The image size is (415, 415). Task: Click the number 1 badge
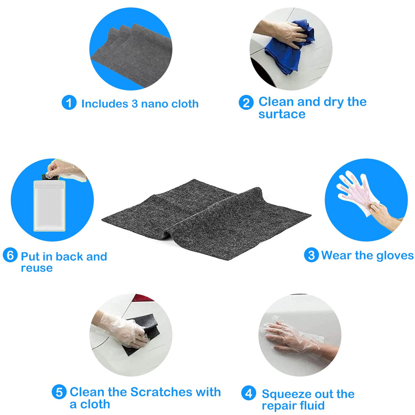click(69, 102)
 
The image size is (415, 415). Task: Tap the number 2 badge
click(246, 102)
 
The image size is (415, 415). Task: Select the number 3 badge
click(311, 255)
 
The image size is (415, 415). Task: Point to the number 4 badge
click(249, 393)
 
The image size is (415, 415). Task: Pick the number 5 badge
click(59, 392)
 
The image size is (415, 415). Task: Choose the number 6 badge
click(10, 255)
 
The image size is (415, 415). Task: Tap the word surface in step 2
click(282, 114)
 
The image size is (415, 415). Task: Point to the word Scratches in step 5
click(161, 392)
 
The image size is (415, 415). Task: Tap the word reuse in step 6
click(37, 268)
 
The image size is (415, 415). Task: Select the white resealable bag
click(49, 206)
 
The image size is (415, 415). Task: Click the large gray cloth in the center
click(206, 220)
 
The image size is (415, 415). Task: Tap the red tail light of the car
click(142, 298)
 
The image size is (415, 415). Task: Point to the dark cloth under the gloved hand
click(142, 333)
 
